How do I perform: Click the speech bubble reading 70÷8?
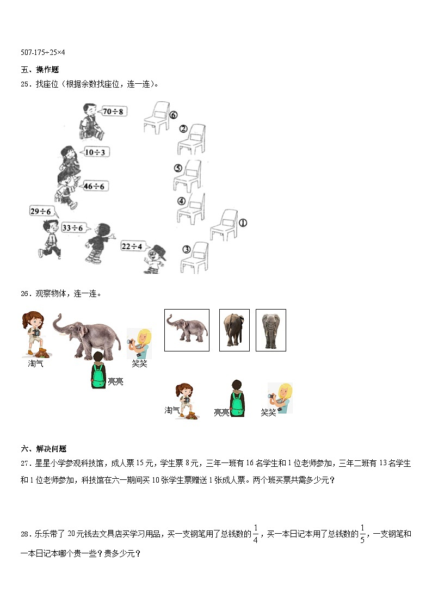(x=113, y=112)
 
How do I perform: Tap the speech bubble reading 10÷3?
(x=96, y=152)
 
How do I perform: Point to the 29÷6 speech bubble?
(x=41, y=211)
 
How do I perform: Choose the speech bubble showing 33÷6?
(x=73, y=227)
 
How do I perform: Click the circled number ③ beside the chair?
(x=186, y=249)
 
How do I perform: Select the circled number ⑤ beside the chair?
(x=177, y=168)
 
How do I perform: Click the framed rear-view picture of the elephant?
(x=234, y=330)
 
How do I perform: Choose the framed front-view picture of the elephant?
(x=270, y=330)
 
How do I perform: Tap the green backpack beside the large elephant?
(x=98, y=375)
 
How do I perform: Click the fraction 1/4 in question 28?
(x=255, y=534)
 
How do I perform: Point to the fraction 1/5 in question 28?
(x=363, y=534)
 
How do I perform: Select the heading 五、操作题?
(x=40, y=70)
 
